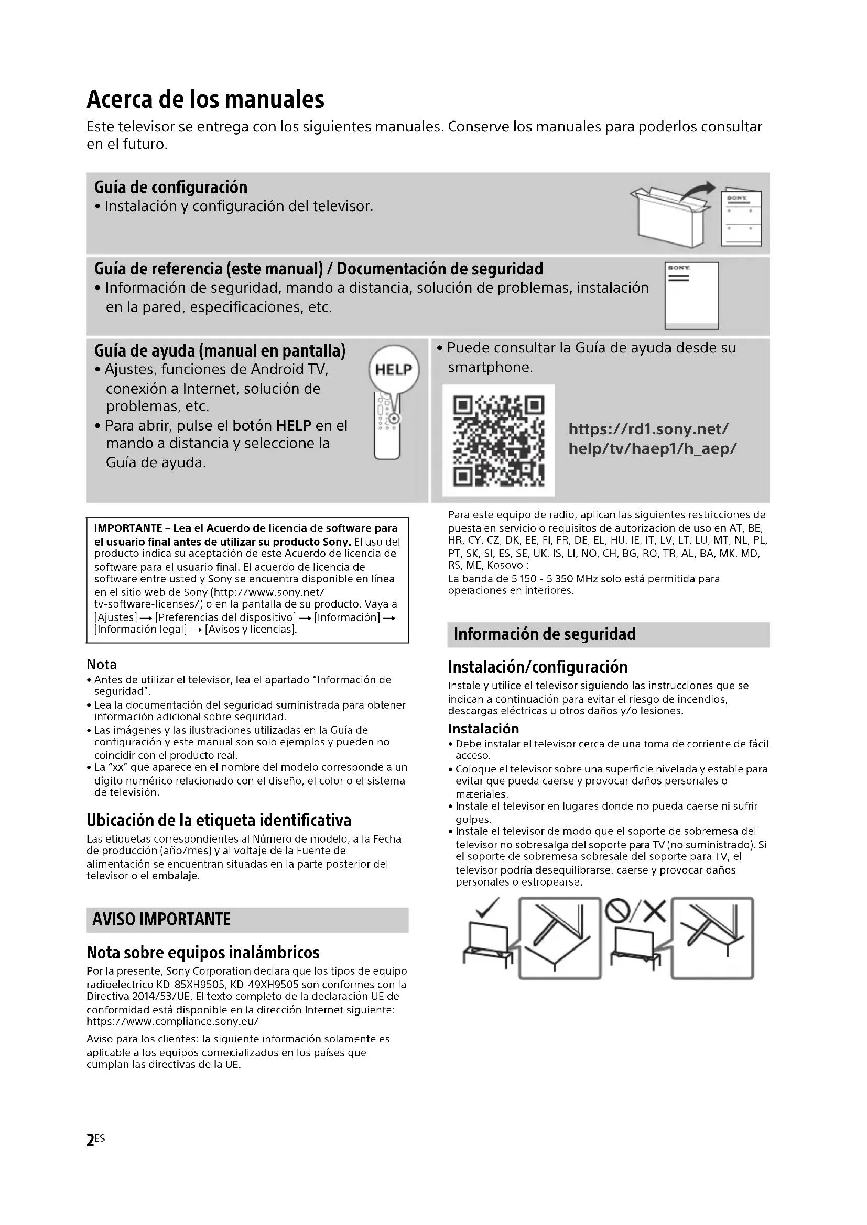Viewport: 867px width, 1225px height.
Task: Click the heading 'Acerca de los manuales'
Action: [205, 99]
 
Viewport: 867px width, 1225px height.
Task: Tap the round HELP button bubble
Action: [394, 370]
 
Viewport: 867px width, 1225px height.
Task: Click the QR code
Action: [498, 440]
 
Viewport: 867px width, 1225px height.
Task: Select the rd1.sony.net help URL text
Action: [652, 438]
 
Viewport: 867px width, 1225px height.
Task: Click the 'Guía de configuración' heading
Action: [171, 187]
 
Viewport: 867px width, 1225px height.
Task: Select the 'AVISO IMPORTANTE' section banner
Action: [161, 919]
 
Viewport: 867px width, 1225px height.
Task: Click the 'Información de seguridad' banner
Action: [545, 634]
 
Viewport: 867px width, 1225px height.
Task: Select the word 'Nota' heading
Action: [102, 665]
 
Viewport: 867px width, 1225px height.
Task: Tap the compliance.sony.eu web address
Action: [172, 1022]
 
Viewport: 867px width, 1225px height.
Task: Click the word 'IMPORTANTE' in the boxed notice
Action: [128, 528]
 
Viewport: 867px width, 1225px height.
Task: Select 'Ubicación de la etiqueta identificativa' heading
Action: [219, 820]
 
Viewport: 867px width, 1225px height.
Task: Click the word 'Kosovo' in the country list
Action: [504, 566]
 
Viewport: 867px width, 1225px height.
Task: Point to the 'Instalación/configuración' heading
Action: [538, 667]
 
